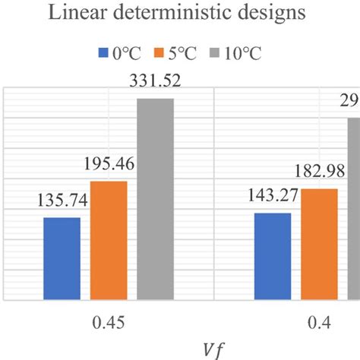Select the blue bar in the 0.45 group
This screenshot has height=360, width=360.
[x=62, y=258]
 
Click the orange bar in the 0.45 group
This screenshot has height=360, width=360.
[x=109, y=240]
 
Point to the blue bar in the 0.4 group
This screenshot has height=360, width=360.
[x=272, y=256]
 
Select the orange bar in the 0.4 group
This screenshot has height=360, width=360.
[x=319, y=244]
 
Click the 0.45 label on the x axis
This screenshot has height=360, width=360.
[x=109, y=322]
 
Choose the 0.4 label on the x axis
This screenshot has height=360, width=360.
[x=319, y=322]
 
